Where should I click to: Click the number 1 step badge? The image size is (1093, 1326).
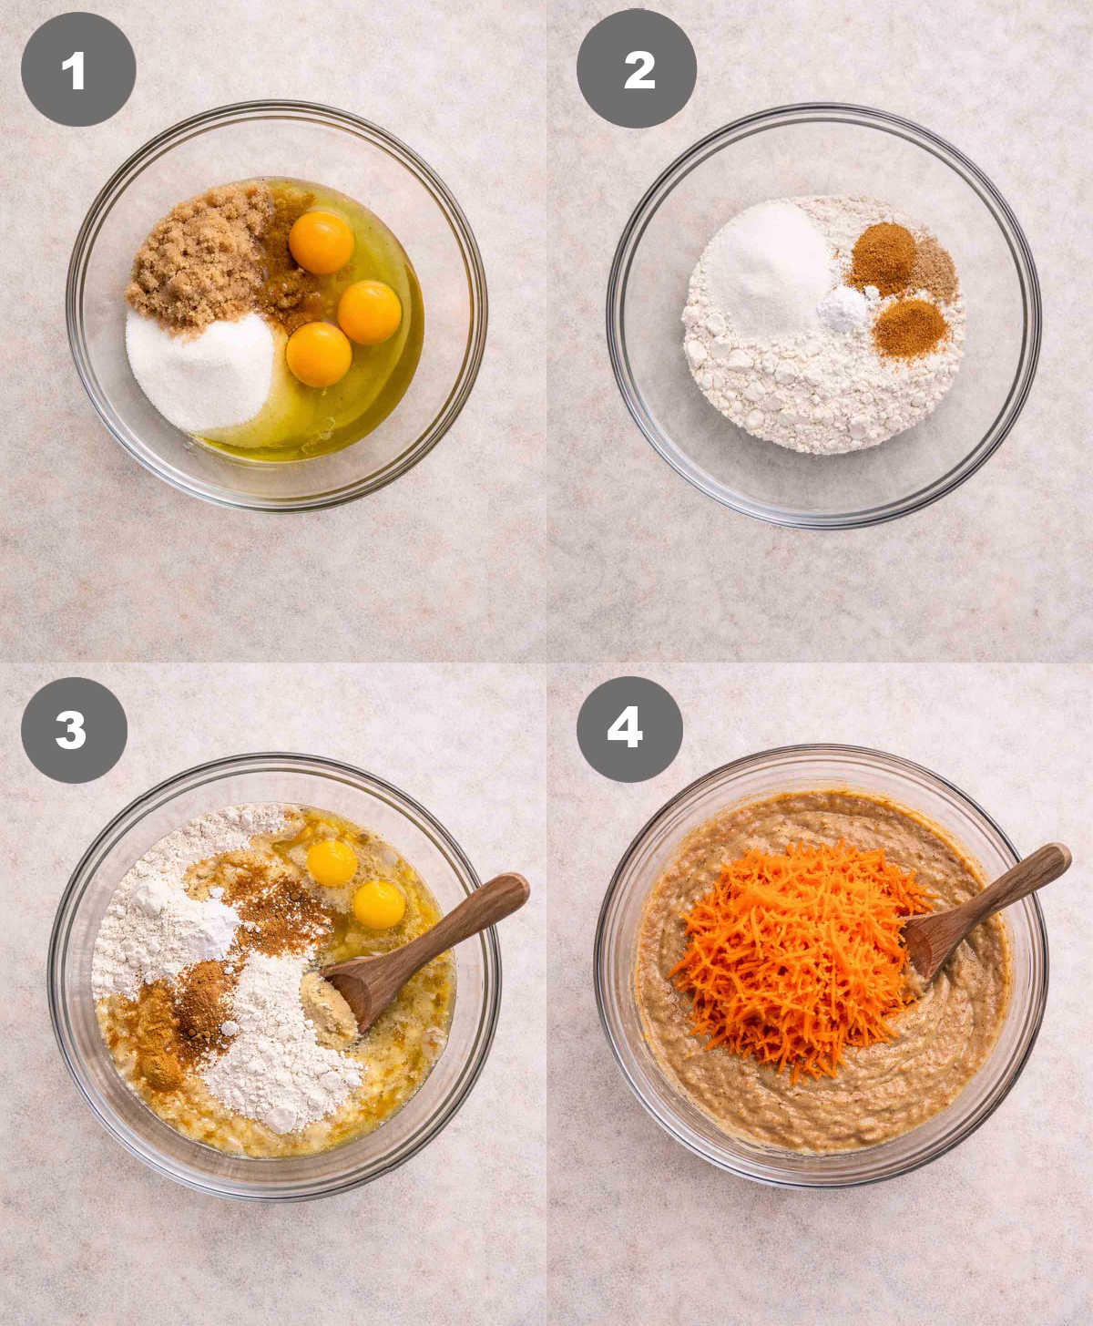77,69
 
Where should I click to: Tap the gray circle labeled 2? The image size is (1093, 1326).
637,69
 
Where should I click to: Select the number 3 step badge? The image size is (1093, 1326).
74,730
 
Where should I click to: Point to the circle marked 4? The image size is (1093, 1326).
629,729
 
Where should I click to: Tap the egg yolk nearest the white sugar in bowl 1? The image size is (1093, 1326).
318,355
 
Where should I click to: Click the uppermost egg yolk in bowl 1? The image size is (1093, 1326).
322,242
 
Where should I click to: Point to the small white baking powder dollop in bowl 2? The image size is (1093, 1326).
844,309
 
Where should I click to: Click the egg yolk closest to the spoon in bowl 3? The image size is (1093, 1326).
378,904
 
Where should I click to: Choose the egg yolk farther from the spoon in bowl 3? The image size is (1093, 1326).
332,862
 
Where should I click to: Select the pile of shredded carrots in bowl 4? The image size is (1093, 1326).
792,957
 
